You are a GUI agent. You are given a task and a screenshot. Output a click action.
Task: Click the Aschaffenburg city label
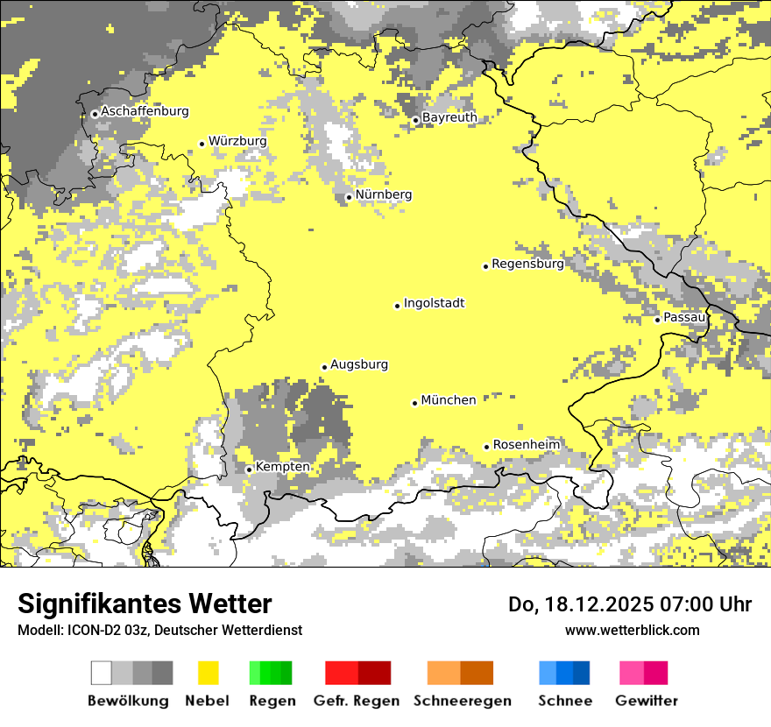(145, 111)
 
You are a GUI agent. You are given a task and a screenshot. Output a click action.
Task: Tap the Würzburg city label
(237, 141)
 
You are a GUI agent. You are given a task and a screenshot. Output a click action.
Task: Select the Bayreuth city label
(449, 117)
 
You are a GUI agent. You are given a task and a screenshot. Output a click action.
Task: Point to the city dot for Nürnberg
(349, 197)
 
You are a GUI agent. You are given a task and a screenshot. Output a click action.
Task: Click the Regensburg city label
(527, 264)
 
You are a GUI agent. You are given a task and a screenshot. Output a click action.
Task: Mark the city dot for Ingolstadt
(397, 306)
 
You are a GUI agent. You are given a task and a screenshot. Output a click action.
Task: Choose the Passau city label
(684, 317)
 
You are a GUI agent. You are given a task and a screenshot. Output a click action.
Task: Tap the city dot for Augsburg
(324, 367)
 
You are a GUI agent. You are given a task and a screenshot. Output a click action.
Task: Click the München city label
(449, 400)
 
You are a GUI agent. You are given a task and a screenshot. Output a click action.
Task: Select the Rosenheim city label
(526, 445)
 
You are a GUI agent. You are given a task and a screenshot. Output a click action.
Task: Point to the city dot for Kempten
(249, 469)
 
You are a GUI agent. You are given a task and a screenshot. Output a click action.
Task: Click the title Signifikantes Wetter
(145, 604)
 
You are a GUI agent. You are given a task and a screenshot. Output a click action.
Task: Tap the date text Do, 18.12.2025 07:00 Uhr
(630, 604)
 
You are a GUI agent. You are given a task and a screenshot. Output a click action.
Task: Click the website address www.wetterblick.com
(632, 630)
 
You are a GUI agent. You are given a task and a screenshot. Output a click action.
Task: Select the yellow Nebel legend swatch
(208, 673)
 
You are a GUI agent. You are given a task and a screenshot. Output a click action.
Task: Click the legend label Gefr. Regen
(357, 701)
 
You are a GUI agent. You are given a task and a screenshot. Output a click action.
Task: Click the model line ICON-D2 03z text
(159, 630)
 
